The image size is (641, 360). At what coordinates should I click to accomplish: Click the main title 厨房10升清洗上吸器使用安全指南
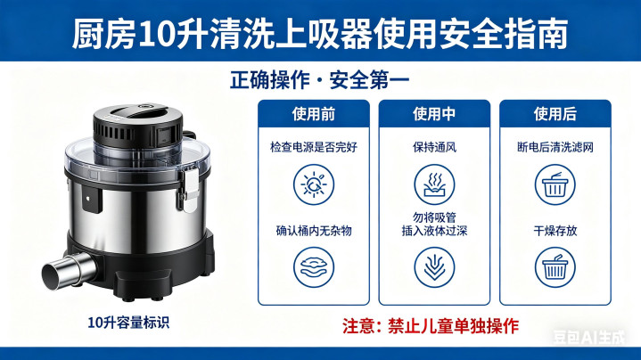tap(320, 34)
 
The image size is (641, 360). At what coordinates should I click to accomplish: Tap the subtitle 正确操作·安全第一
tap(320, 79)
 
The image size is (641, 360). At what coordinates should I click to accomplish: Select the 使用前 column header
tap(314, 114)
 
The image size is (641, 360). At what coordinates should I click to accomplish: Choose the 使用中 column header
tap(434, 114)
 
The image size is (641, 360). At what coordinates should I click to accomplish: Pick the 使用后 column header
tap(555, 114)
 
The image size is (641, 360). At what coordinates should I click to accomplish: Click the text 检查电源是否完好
tap(314, 147)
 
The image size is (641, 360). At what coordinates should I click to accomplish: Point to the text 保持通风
tap(434, 147)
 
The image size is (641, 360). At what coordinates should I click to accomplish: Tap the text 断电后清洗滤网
tap(555, 147)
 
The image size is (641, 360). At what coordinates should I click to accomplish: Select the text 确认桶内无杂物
tap(314, 231)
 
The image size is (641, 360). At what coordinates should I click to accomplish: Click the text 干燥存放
tap(555, 231)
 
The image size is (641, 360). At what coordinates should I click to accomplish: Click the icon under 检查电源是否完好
tap(314, 184)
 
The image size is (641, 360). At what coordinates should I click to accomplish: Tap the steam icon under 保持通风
tap(434, 184)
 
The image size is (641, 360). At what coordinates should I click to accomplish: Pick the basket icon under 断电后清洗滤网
tap(555, 184)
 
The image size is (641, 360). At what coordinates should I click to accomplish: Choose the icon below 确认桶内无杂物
tap(314, 267)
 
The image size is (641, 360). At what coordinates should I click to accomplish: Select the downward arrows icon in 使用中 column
tap(434, 267)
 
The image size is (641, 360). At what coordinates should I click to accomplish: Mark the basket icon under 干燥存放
tap(555, 267)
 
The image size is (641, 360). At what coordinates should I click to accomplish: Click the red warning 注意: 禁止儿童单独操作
tap(431, 326)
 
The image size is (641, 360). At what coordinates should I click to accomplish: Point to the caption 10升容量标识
tap(128, 323)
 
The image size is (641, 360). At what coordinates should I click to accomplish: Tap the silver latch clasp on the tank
tap(190, 189)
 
